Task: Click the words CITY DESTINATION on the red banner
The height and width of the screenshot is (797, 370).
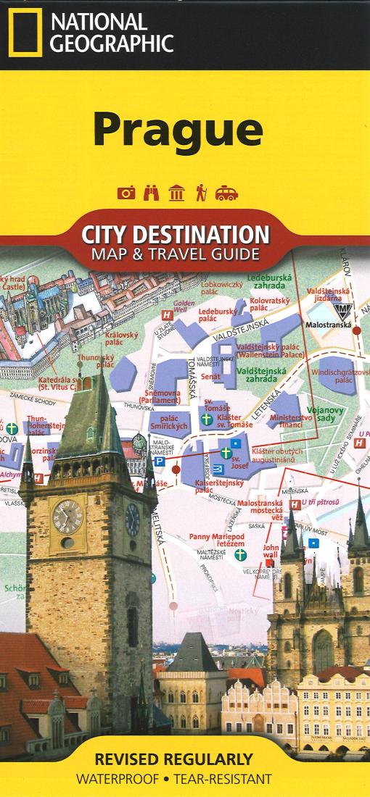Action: click(x=175, y=235)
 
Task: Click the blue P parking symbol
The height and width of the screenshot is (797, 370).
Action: click(x=159, y=461)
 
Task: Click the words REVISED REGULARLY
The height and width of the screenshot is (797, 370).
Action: click(x=174, y=760)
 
